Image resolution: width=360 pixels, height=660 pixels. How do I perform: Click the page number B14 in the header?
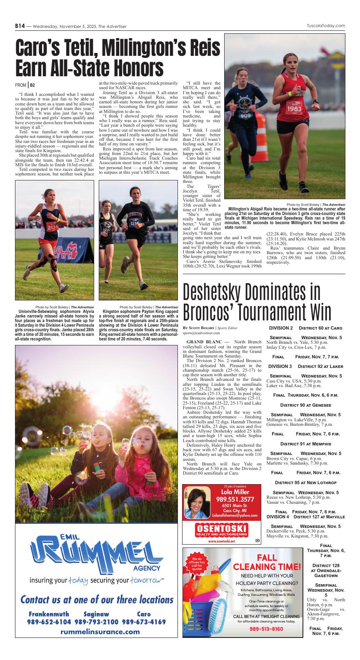pos(20,26)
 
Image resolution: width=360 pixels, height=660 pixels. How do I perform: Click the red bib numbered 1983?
pos(294,109)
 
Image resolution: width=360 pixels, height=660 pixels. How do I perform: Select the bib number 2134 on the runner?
pos(52,227)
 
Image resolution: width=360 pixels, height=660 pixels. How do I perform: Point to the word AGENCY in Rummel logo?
pos(147,568)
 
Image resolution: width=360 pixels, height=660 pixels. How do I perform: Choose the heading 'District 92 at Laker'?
pos(321,366)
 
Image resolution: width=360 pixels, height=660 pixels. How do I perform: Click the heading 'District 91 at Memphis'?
pos(306,444)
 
